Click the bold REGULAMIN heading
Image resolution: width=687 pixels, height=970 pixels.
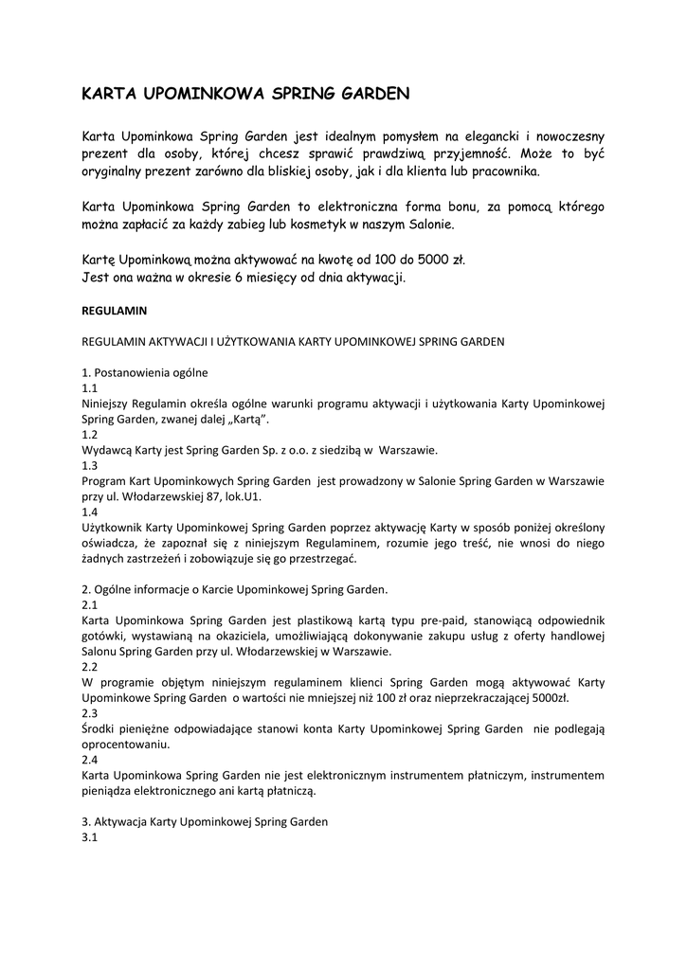[114, 310]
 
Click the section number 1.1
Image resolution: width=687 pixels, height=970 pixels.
[90, 388]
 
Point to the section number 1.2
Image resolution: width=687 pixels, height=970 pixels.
[90, 435]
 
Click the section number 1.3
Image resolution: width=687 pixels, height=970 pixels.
[90, 465]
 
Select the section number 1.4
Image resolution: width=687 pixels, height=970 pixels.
[90, 512]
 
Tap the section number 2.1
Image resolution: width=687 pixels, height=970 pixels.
[90, 604]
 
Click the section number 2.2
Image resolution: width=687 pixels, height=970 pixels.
[90, 666]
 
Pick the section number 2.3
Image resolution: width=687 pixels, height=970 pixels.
[90, 713]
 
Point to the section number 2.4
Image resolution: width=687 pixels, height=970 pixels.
[90, 760]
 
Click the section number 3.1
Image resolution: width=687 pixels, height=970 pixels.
[90, 837]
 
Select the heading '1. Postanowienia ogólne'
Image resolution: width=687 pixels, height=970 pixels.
[145, 372]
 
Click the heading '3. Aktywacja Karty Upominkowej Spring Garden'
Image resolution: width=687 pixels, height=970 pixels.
[205, 821]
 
